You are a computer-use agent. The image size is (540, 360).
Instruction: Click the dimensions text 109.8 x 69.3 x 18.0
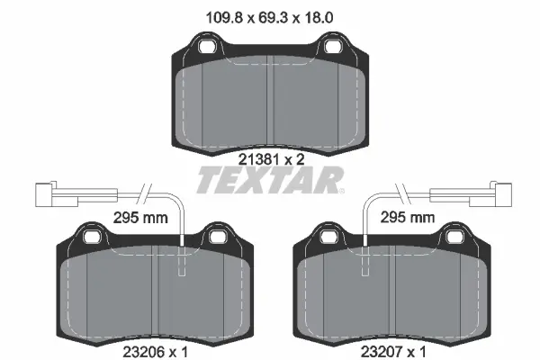pyautogui.click(x=271, y=14)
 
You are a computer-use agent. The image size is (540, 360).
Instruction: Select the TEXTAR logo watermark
pyautogui.click(x=270, y=181)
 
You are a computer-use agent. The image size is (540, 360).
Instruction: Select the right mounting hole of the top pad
pyautogui.click(x=335, y=45)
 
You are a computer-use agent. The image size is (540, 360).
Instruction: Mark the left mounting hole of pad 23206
pyautogui.click(x=92, y=237)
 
